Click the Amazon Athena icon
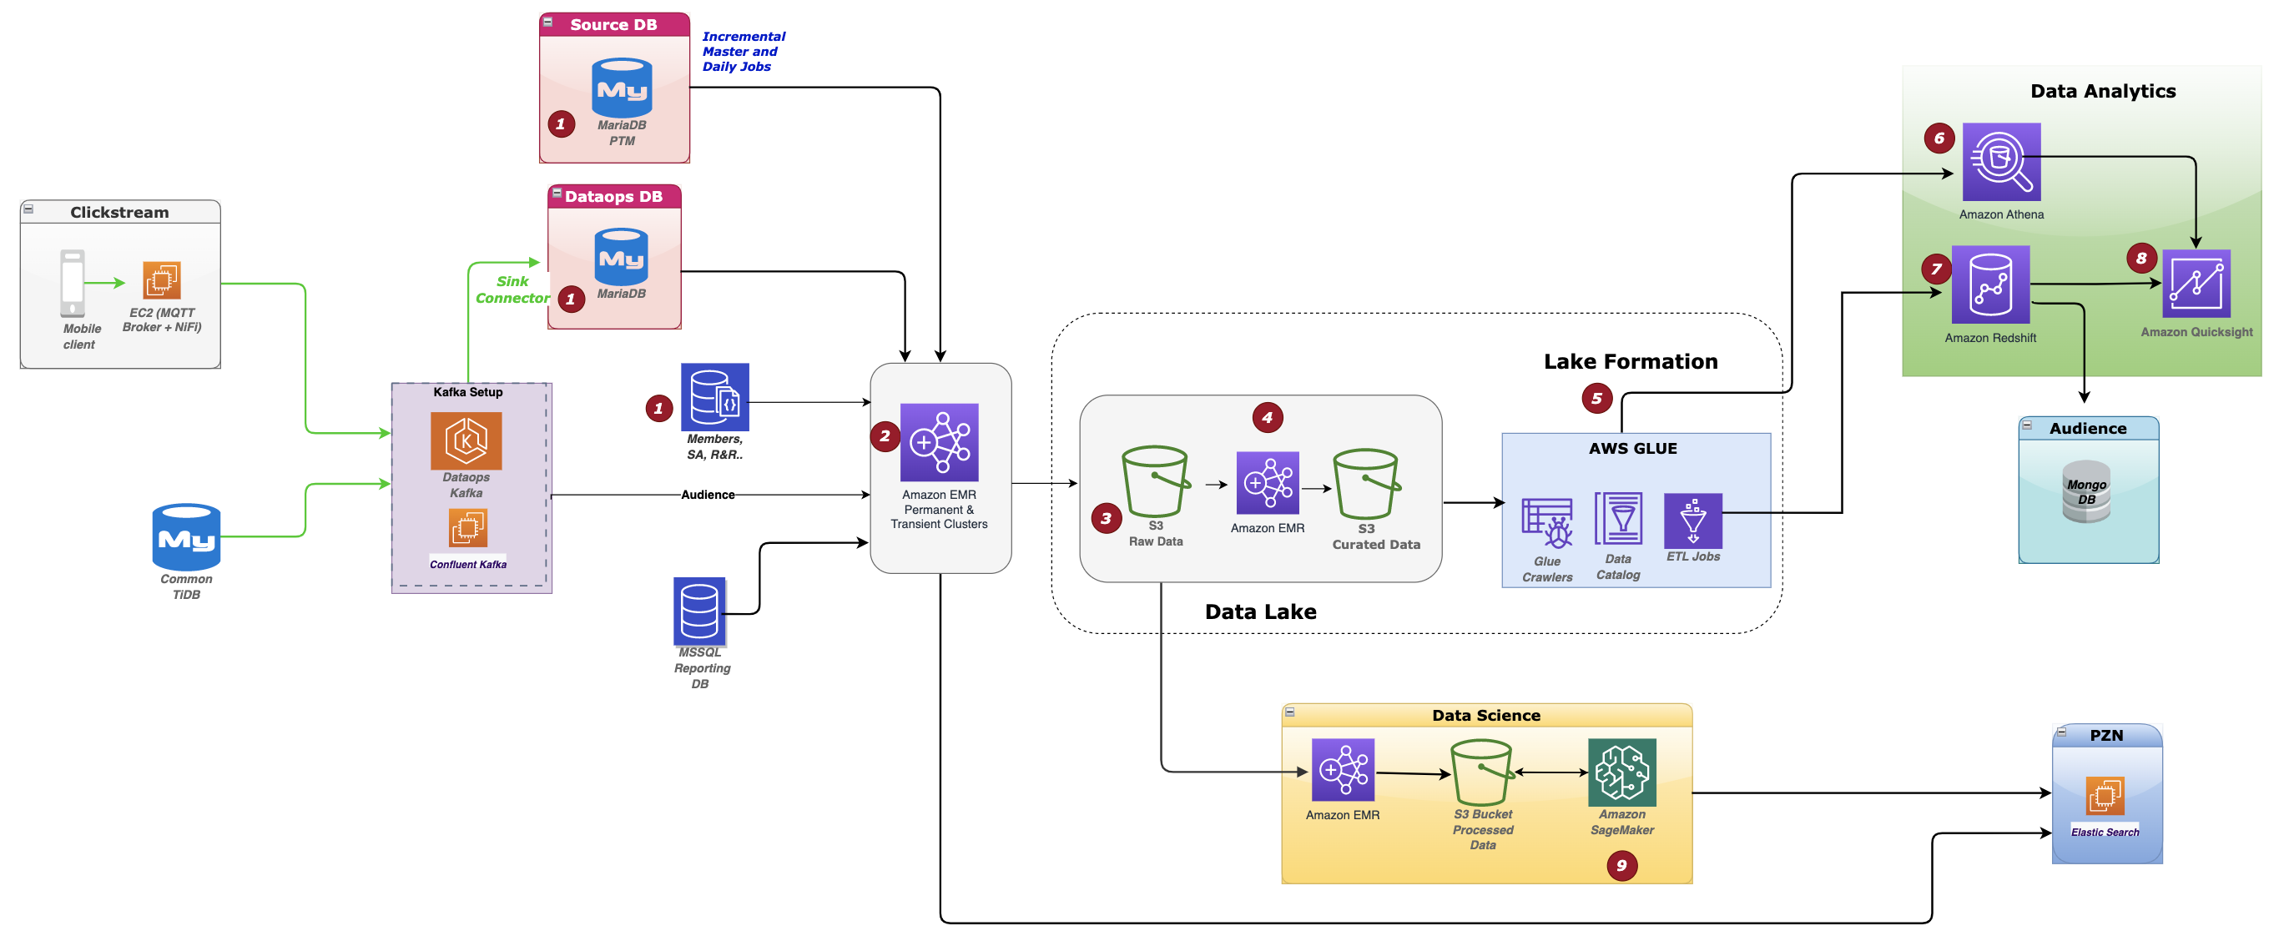pyautogui.click(x=2000, y=162)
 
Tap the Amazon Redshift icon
pyautogui.click(x=1989, y=284)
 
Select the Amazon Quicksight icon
pyautogui.click(x=2195, y=284)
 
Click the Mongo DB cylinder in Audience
pyautogui.click(x=2086, y=491)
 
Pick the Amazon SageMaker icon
pyautogui.click(x=1621, y=772)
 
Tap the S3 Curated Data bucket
pyautogui.click(x=1365, y=484)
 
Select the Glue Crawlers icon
pyautogui.click(x=1546, y=524)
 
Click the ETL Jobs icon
pyautogui.click(x=1692, y=521)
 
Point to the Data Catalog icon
pyautogui.click(x=1617, y=519)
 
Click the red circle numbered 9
pyautogui.click(x=1621, y=865)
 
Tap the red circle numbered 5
pyautogui.click(x=1596, y=398)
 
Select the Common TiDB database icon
pyautogui.click(x=186, y=537)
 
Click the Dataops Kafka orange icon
pyautogui.click(x=466, y=440)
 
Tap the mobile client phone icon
pyautogui.click(x=73, y=283)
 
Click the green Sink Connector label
pyautogui.click(x=512, y=289)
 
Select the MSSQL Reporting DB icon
pyautogui.click(x=699, y=611)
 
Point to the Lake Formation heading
pyautogui.click(x=1630, y=361)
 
